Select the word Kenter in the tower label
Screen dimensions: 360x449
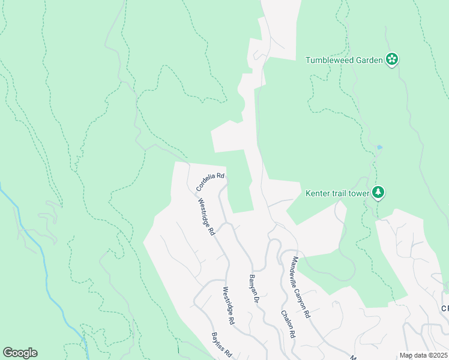[319, 193]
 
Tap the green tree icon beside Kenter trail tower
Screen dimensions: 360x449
[378, 192]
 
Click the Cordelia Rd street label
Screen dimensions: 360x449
[211, 182]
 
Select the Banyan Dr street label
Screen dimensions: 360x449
[253, 289]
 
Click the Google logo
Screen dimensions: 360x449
[20, 353]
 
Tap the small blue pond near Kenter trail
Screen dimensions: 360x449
[379, 147]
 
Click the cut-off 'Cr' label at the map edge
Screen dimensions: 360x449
[445, 308]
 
